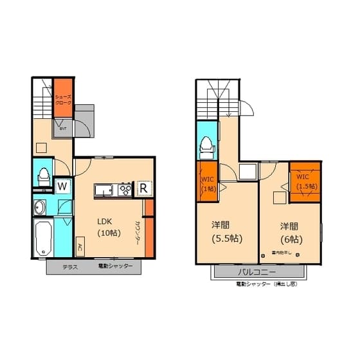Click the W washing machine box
(x=62, y=186)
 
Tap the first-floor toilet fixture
(x=44, y=174)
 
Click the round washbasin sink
(x=40, y=208)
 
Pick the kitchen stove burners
(x=123, y=190)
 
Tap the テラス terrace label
(x=70, y=267)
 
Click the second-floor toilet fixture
(x=206, y=147)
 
